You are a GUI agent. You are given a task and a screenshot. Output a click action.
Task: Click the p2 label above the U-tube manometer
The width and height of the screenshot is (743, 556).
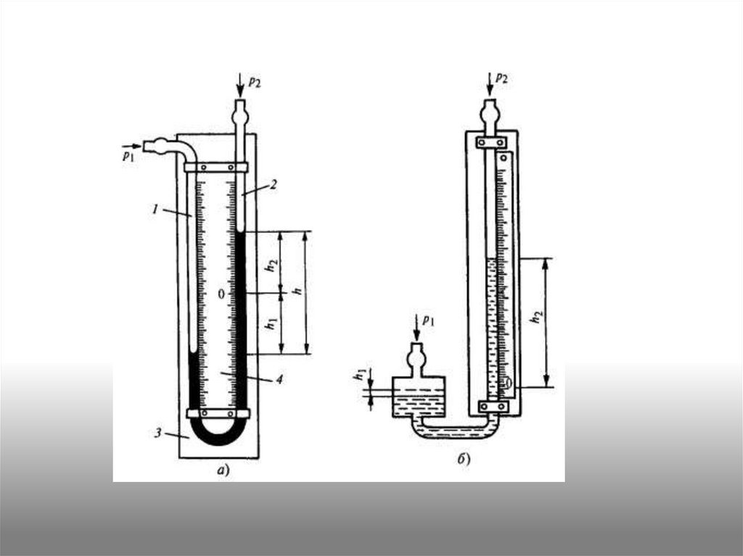[x=255, y=82]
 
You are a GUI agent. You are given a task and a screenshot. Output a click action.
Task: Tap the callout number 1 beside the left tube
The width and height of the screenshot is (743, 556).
[x=155, y=208]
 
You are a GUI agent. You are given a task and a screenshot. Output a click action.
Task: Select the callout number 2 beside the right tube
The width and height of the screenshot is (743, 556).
[x=274, y=184]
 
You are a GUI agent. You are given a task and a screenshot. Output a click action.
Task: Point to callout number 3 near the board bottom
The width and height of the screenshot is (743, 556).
[x=158, y=433]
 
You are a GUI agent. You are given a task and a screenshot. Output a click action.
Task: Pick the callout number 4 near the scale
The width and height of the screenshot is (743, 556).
[x=279, y=379]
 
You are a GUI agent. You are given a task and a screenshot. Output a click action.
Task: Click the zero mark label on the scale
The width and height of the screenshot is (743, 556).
[x=221, y=294]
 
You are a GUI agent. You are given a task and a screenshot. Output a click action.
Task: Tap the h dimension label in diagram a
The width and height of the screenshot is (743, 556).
[x=298, y=291]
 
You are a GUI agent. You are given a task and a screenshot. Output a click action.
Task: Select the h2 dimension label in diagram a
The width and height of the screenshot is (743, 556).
[x=271, y=266]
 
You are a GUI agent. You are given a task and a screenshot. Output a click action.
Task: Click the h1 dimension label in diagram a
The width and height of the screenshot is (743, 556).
[x=271, y=324]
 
